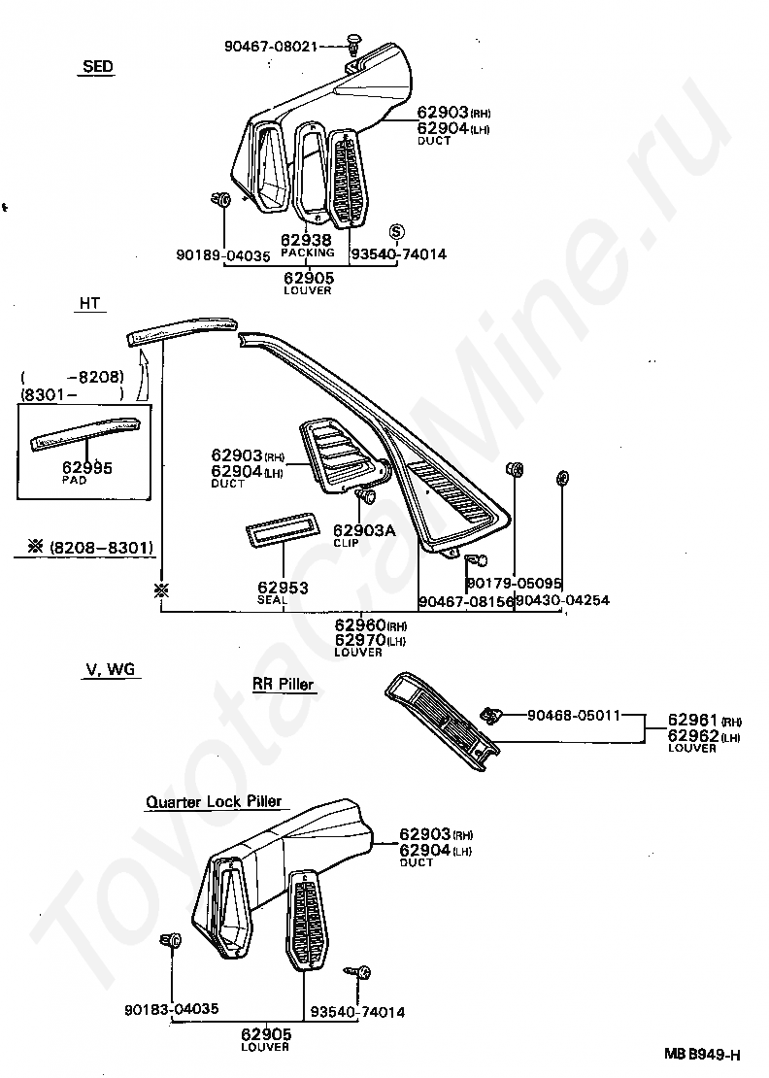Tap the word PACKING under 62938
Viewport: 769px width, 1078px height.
click(x=307, y=253)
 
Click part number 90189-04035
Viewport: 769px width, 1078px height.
click(x=224, y=256)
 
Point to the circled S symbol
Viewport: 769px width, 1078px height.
click(x=396, y=231)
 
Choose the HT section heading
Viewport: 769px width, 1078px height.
click(x=89, y=304)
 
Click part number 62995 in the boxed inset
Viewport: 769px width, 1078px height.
click(x=86, y=468)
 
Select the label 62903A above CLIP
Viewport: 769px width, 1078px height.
click(x=364, y=531)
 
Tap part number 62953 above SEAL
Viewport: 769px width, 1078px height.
click(x=283, y=588)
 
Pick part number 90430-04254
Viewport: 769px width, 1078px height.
click(x=562, y=600)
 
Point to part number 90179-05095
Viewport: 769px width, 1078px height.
click(x=514, y=583)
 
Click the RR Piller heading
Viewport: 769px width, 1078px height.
click(x=284, y=685)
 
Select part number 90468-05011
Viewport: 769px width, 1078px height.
click(x=573, y=716)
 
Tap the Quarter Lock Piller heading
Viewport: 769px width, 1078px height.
click(x=214, y=802)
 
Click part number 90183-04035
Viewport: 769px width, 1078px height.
click(x=172, y=1011)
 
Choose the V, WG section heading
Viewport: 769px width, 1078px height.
click(x=109, y=669)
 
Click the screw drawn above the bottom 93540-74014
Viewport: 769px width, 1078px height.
click(x=361, y=971)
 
